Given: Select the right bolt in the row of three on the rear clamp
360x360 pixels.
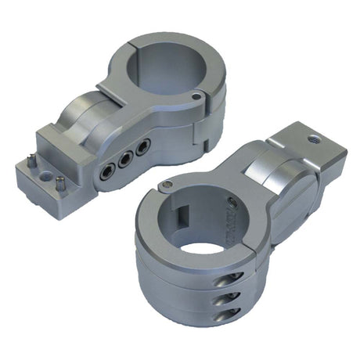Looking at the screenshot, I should click(x=142, y=146).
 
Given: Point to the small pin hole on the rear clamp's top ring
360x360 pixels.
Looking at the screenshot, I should click(x=196, y=97).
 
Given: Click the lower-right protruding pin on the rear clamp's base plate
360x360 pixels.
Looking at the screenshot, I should click(x=60, y=184).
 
